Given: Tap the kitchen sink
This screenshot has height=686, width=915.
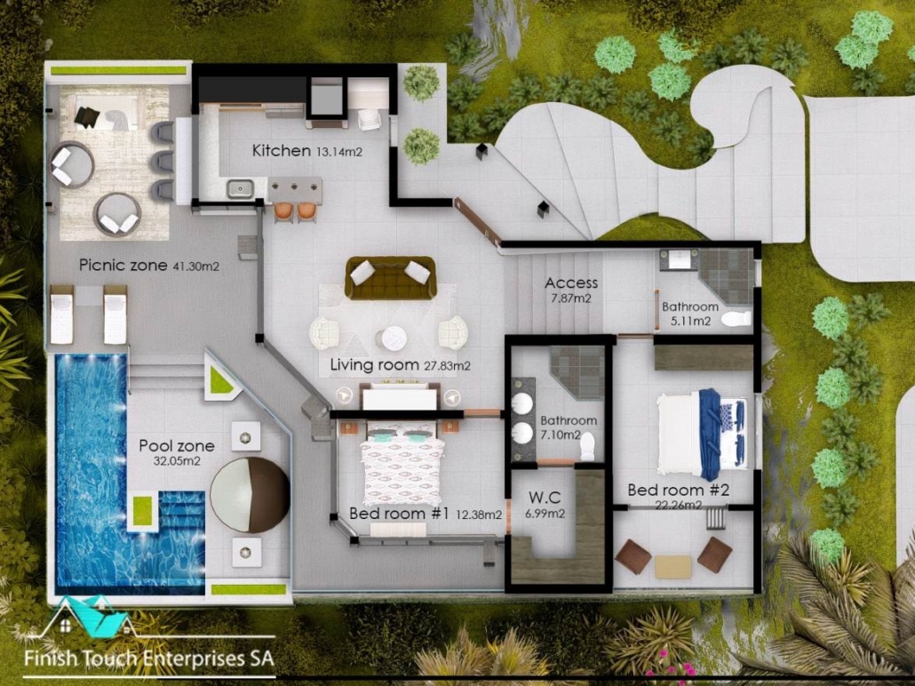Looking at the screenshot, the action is click(x=239, y=188).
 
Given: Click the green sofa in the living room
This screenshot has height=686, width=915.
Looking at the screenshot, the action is click(x=390, y=277).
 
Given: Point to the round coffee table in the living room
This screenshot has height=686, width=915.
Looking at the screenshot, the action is click(x=394, y=339).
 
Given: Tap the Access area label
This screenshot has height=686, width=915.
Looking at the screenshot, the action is click(x=571, y=283).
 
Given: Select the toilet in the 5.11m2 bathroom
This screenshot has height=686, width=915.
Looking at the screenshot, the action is click(x=736, y=319).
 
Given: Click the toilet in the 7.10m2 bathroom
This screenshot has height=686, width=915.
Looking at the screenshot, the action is click(x=587, y=445).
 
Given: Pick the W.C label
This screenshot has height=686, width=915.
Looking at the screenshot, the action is click(x=545, y=498).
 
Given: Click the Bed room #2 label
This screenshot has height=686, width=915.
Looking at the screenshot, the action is click(x=678, y=490).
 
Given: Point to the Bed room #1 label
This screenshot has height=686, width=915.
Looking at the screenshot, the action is click(x=399, y=514).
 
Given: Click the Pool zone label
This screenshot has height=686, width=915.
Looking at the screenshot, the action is click(x=177, y=446).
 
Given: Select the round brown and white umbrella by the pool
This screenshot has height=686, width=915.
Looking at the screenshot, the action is click(x=250, y=494).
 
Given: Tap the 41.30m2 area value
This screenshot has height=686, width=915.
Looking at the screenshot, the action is click(x=196, y=267).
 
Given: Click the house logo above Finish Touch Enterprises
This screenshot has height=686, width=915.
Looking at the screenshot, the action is click(x=89, y=617).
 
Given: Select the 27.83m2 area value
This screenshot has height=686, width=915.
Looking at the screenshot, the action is click(x=447, y=367).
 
